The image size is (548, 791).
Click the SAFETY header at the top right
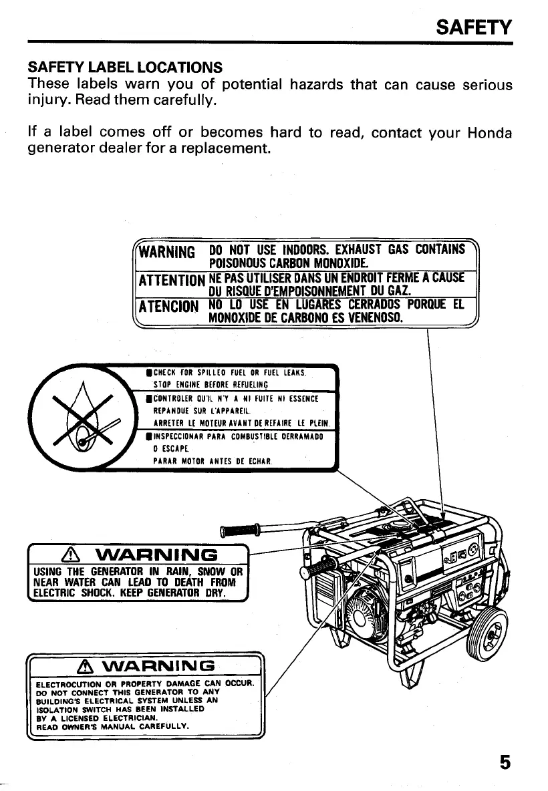[x=473, y=27]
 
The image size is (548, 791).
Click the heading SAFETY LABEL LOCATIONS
[x=124, y=67]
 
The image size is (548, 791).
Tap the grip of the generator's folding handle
[x=245, y=530]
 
